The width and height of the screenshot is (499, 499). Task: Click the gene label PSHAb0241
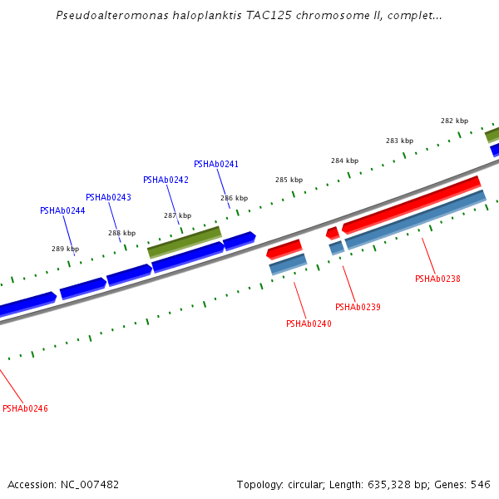tap(216, 164)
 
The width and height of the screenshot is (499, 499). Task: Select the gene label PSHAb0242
tap(166, 180)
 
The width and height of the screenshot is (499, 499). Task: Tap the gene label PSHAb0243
tap(108, 197)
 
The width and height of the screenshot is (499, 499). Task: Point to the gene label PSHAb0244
tap(62, 210)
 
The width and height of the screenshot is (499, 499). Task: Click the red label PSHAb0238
tap(437, 279)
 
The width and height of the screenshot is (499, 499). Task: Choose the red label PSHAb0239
tap(358, 307)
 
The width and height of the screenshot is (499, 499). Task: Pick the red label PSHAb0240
tap(309, 324)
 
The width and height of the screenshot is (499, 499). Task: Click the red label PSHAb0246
tap(25, 408)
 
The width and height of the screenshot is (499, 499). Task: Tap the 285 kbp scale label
tap(289, 180)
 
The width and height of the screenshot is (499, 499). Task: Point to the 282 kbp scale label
tap(454, 121)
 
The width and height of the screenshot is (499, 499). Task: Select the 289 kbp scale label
tap(65, 249)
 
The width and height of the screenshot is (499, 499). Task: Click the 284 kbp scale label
tap(344, 161)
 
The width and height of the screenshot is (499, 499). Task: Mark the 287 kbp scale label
tap(177, 215)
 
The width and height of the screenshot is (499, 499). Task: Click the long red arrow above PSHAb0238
tap(412, 204)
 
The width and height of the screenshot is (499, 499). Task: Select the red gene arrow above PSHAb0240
tap(284, 248)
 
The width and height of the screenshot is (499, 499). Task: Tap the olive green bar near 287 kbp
tap(184, 240)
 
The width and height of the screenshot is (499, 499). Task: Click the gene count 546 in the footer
tap(481, 484)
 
